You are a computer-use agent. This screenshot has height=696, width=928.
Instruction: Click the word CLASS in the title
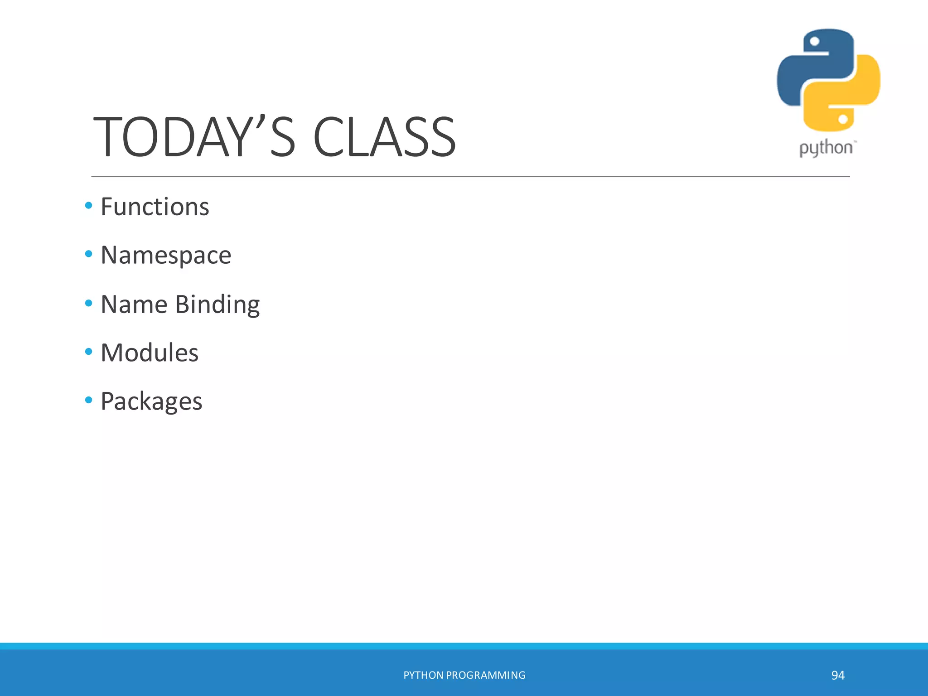click(384, 137)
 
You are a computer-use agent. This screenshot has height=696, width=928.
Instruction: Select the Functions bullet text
click(155, 207)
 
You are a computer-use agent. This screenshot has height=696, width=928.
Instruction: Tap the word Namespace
click(166, 255)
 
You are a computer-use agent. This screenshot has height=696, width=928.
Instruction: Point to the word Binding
click(217, 304)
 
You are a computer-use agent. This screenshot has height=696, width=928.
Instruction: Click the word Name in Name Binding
click(134, 304)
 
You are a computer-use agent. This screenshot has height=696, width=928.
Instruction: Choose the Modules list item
click(150, 353)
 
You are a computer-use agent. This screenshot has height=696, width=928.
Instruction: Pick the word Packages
click(151, 401)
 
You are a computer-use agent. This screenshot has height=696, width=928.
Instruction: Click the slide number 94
click(838, 675)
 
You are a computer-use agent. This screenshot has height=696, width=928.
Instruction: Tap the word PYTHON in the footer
click(423, 675)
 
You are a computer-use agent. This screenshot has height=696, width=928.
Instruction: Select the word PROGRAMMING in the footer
click(486, 675)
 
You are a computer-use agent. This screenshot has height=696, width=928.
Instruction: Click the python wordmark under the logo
click(826, 148)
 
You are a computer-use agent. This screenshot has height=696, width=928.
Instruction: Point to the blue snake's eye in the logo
click(814, 42)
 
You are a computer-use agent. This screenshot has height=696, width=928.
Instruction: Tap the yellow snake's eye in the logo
click(843, 119)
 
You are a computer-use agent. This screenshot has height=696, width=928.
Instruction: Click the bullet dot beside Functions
click(89, 206)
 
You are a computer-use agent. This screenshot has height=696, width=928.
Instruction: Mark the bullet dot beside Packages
click(89, 400)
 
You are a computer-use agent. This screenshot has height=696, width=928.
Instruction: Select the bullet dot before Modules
click(89, 351)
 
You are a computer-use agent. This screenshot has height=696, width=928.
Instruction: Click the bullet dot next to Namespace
click(89, 254)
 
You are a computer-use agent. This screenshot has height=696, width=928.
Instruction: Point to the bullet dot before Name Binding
click(89, 303)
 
